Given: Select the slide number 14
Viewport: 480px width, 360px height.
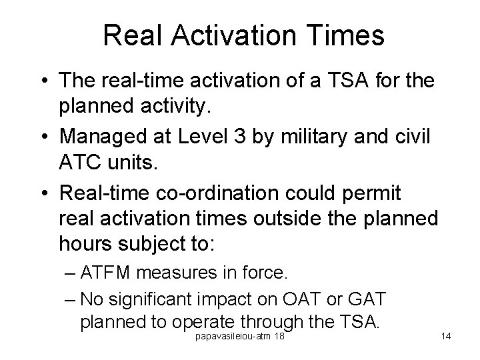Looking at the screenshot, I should pos(446,336).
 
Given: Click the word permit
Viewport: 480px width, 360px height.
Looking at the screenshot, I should pos(376,193).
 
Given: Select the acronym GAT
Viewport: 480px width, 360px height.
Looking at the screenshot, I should pos(377,297).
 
